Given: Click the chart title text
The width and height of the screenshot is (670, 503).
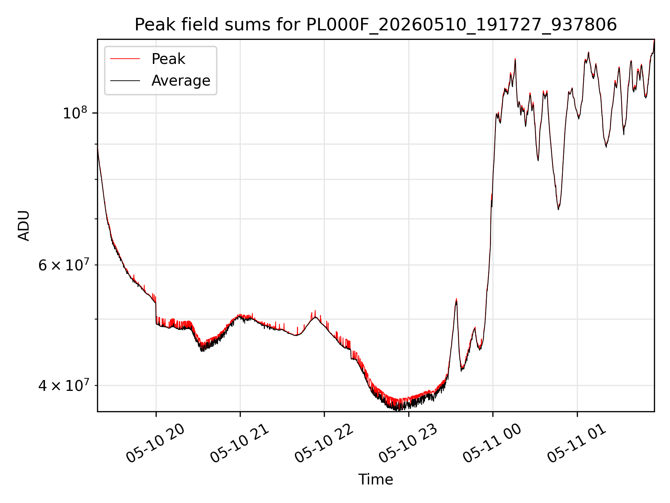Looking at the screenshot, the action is tap(375, 25).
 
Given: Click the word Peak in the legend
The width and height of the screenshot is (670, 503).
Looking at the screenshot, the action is tap(168, 59).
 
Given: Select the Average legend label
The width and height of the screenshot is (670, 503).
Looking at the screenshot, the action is tap(181, 81).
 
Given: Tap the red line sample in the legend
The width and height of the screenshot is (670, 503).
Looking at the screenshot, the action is tap(125, 59).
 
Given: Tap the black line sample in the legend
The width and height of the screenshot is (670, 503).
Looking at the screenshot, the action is tap(125, 81).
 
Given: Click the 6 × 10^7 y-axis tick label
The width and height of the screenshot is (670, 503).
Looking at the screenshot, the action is tap(63, 265).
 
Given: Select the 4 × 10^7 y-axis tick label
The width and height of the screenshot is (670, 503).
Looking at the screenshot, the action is tap(63, 386).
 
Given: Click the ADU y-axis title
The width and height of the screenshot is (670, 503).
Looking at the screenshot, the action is tap(24, 226).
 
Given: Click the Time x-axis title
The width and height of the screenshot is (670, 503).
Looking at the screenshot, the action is tap(375, 480).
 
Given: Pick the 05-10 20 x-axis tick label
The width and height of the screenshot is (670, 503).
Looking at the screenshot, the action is tap(155, 443).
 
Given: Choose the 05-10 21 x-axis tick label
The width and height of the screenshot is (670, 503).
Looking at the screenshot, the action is tap(239, 443).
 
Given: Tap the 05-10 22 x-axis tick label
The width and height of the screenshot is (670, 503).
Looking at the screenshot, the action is tap(324, 443).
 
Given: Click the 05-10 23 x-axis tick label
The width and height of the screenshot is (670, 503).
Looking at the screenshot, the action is tap(408, 443).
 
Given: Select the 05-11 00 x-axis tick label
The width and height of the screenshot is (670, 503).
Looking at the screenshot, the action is tap(492, 443).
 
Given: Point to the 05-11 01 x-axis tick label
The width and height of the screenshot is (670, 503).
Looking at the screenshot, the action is tap(576, 443).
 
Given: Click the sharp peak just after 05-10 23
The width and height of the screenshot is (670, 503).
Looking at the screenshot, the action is tap(456, 300).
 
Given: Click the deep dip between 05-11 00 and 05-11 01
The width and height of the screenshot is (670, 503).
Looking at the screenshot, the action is tap(558, 209).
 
